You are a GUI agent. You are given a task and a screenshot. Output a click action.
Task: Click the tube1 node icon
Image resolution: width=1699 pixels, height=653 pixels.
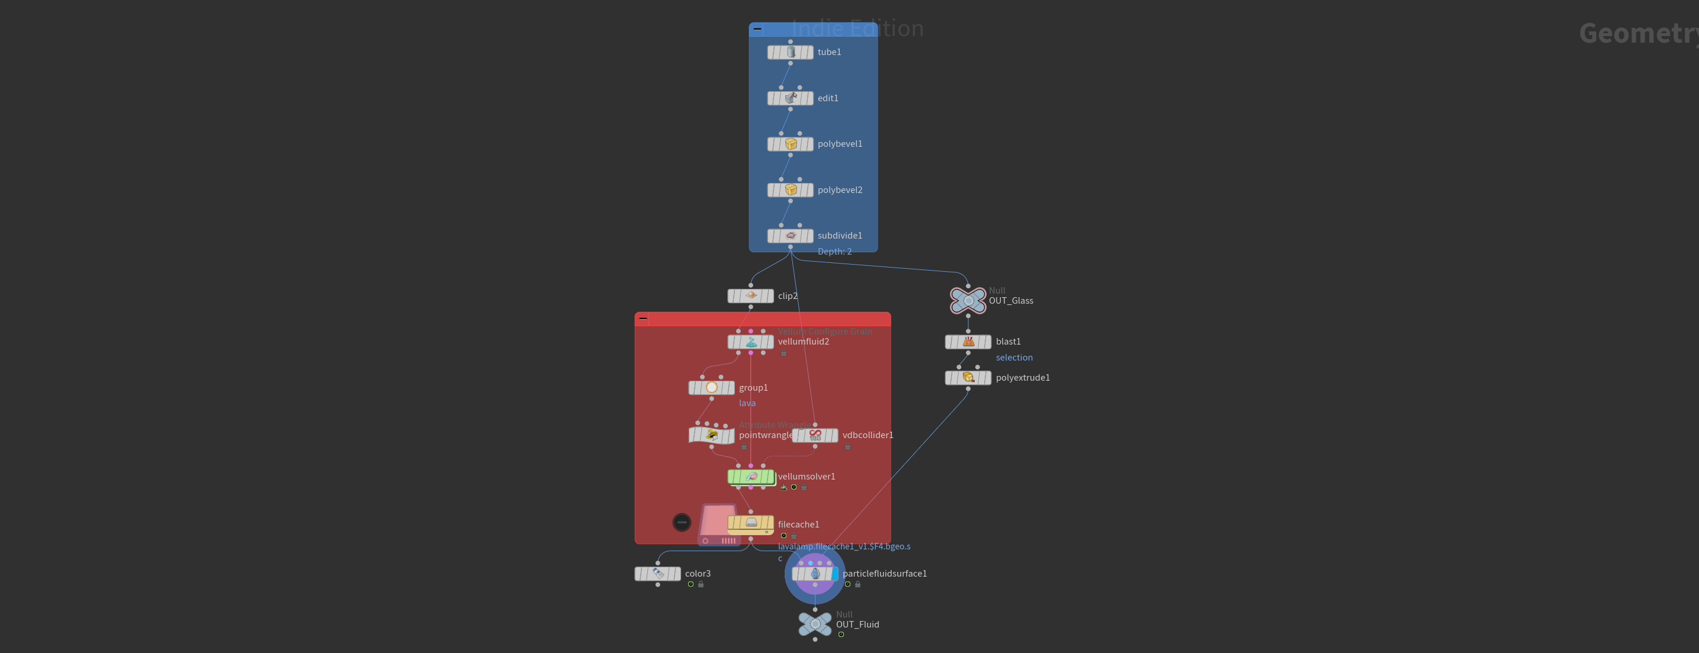point(790,52)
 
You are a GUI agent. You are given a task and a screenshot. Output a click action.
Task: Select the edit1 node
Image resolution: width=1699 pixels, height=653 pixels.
point(790,98)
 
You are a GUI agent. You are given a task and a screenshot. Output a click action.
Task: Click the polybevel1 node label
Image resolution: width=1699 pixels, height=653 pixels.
point(840,144)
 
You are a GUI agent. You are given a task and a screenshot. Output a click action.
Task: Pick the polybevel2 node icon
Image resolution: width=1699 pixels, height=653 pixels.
point(790,190)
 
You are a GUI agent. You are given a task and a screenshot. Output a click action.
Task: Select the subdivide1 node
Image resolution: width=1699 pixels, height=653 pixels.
point(790,236)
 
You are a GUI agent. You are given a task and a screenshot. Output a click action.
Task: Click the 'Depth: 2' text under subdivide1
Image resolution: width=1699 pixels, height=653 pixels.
point(834,251)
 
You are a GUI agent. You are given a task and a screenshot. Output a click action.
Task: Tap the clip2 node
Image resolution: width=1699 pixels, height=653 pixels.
point(750,296)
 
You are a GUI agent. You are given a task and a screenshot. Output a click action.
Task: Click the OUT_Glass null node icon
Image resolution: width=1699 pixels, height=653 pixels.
point(968,301)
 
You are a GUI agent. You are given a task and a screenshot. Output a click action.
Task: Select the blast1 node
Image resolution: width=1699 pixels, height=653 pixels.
point(968,342)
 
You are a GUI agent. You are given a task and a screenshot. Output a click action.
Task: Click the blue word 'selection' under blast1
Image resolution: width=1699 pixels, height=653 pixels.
point(1014,358)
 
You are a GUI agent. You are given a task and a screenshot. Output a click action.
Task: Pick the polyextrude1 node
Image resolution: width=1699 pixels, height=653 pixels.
point(968,378)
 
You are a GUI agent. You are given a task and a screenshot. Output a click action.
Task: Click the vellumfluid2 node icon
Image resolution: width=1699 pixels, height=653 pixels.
point(750,342)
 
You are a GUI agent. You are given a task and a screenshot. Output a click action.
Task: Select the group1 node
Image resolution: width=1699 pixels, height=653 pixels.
point(711,388)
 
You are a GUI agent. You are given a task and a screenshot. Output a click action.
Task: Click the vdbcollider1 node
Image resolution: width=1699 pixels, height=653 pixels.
point(815,435)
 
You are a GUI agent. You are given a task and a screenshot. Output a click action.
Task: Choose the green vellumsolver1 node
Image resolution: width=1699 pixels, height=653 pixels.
point(750,476)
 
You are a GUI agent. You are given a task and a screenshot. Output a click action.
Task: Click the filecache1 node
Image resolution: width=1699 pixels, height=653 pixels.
point(750,524)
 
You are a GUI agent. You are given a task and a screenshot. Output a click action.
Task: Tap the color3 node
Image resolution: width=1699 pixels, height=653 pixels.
point(657,574)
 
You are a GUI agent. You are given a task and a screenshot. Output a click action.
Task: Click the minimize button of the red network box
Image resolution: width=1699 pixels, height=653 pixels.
point(643,319)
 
